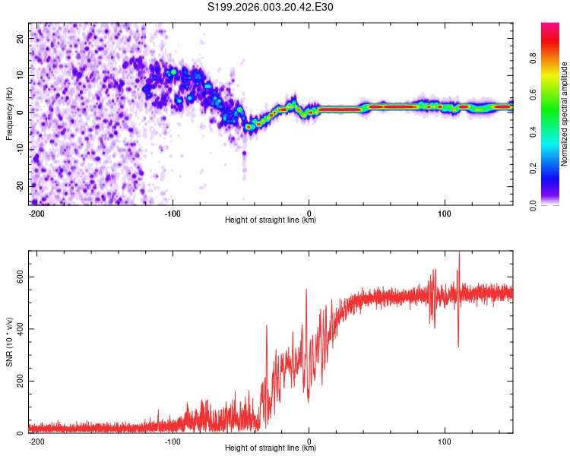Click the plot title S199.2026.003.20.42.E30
[x=271, y=8]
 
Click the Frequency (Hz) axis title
[x=9, y=113]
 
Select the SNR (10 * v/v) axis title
[x=9, y=341]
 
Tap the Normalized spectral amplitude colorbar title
[x=565, y=113]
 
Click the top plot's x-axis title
[x=271, y=220]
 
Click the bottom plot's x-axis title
[x=271, y=448]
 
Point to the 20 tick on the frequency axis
[x=21, y=37]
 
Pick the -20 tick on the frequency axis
[x=19, y=186]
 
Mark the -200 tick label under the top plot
[x=35, y=213]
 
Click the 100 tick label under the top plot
[x=445, y=213]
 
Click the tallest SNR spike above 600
[x=459, y=254]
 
